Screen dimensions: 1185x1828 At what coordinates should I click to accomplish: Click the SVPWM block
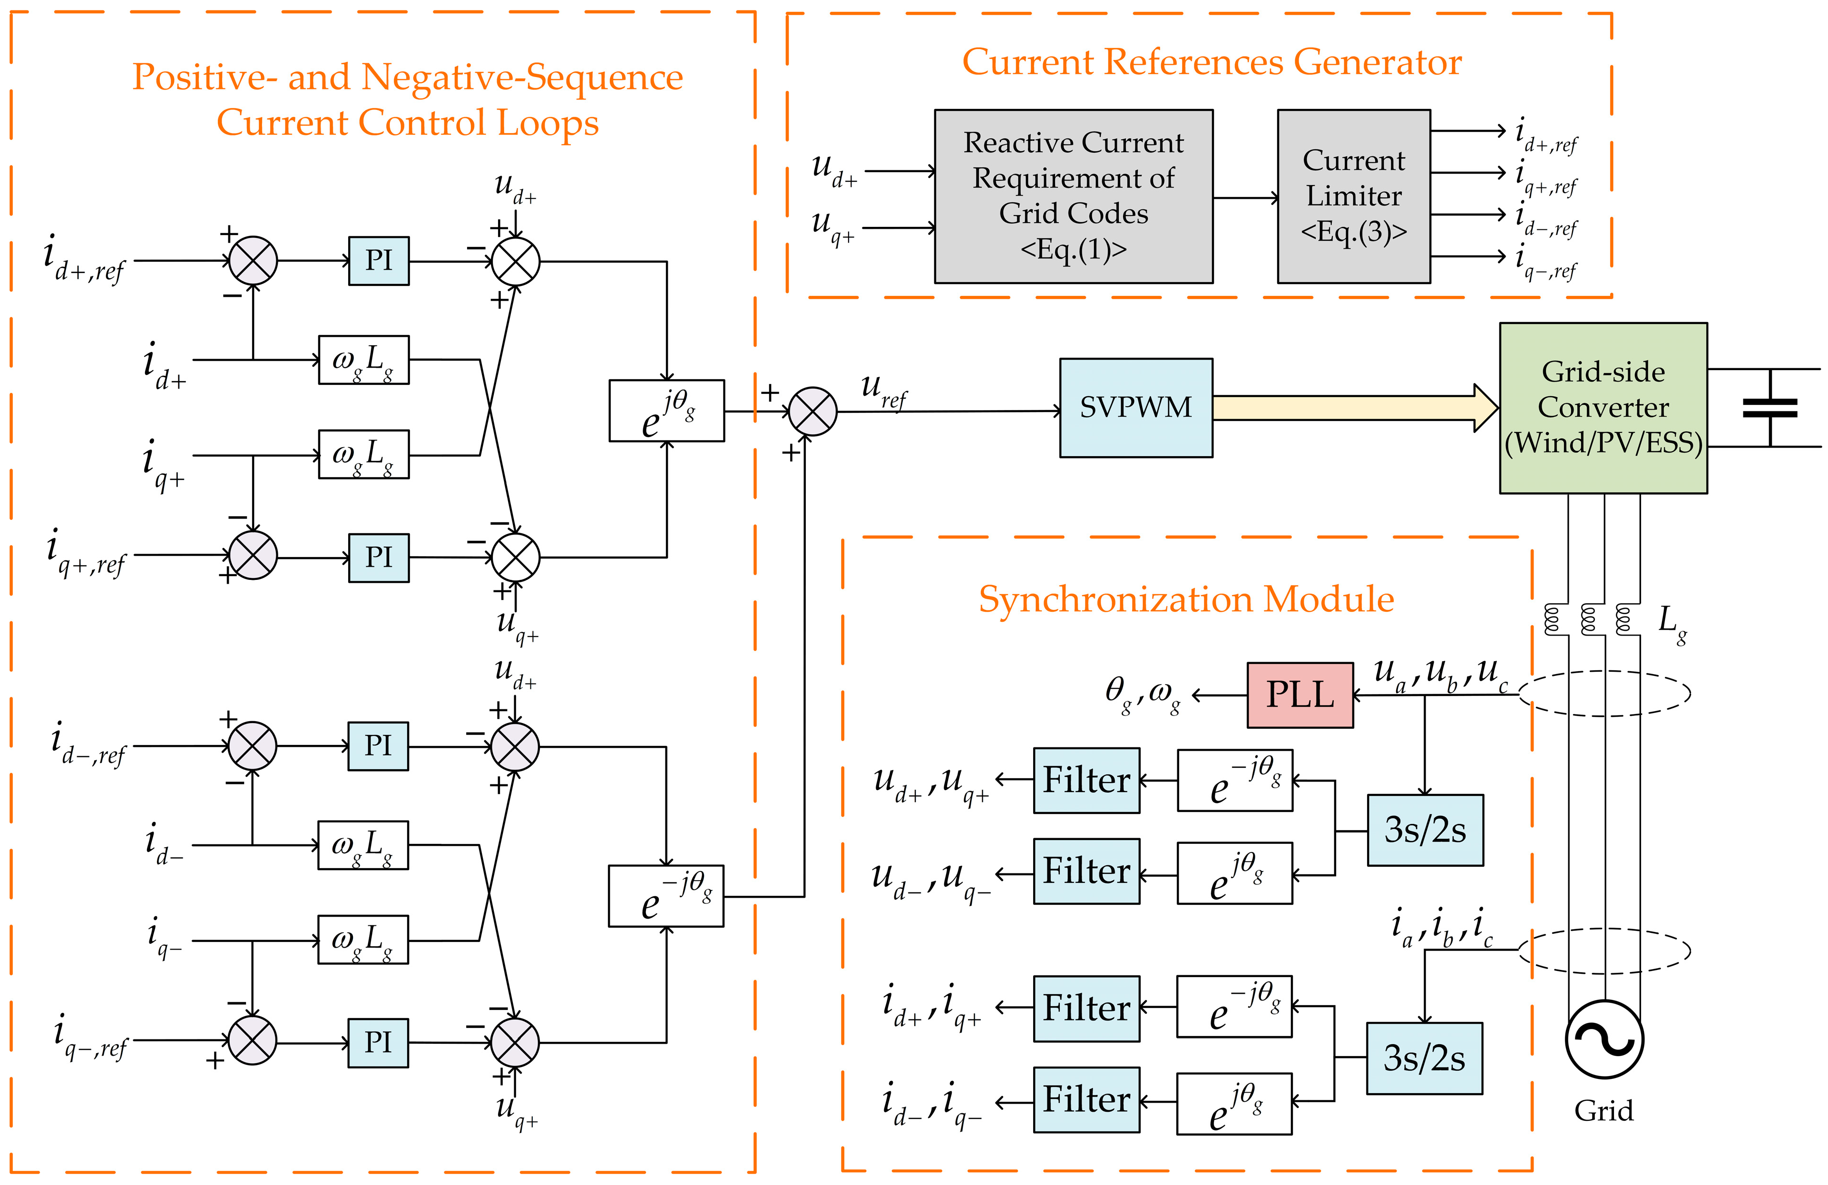[x=1135, y=408]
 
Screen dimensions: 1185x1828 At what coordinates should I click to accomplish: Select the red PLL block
[x=1300, y=695]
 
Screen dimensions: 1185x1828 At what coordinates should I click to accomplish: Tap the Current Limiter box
[x=1353, y=196]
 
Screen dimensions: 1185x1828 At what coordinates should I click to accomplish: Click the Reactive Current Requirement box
[x=1073, y=196]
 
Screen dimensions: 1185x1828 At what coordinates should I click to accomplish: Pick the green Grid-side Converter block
[x=1603, y=408]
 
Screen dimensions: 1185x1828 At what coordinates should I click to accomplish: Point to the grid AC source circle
[x=1604, y=1039]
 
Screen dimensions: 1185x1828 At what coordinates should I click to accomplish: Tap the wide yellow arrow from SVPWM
[x=1352, y=408]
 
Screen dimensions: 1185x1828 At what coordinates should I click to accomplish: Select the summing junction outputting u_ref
[x=812, y=411]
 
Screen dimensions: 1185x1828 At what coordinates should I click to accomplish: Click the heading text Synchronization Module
[x=1186, y=599]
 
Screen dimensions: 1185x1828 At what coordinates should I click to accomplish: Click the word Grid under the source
[x=1604, y=1110]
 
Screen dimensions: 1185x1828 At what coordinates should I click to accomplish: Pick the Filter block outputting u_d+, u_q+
[x=1086, y=780]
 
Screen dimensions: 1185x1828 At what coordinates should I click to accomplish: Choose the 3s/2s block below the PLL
[x=1425, y=830]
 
